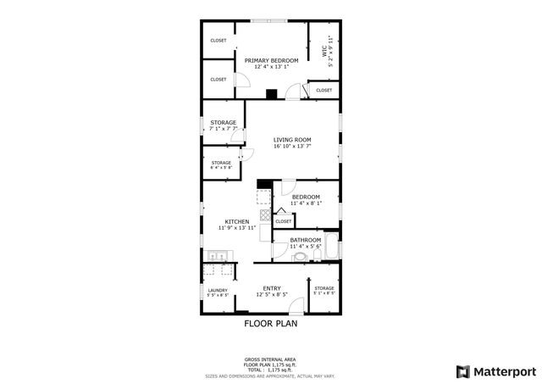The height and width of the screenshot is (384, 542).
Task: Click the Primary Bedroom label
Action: point(271,60)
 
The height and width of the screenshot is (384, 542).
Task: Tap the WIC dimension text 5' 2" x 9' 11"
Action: point(330,51)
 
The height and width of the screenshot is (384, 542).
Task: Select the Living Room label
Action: point(292,139)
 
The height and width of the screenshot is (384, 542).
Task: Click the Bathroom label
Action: point(304,240)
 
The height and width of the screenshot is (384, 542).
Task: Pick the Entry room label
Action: point(272,287)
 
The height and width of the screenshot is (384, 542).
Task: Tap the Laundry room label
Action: point(218,290)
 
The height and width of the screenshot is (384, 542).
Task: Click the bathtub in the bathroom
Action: point(331,248)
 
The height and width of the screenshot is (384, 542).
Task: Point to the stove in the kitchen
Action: point(264,216)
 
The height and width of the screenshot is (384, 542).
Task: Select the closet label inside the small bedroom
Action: point(283,221)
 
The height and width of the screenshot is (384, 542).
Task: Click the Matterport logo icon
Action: point(462,370)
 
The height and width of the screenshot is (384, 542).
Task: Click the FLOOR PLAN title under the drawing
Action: point(270,323)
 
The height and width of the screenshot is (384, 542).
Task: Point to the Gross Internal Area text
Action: point(270,359)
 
